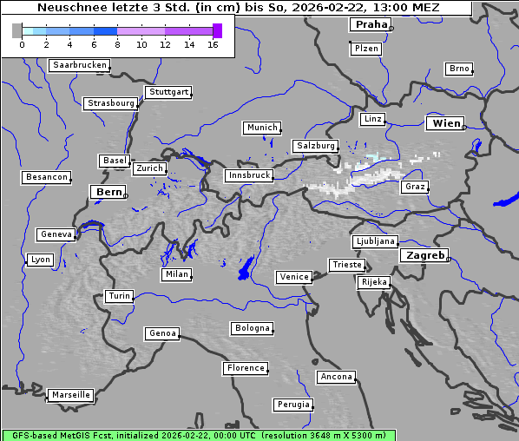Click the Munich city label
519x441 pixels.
point(262,128)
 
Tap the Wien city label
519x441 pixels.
point(447,123)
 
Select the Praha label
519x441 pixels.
point(369,24)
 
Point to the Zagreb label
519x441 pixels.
point(424,255)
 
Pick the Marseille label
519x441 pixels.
point(71,395)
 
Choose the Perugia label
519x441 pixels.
point(292,405)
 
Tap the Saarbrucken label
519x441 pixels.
point(79,65)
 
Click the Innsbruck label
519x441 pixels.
point(249,175)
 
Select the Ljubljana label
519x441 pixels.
point(375,241)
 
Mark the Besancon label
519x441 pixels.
point(47,177)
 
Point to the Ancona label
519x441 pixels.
point(336,377)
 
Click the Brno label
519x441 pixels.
point(458,69)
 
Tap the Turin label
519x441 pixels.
point(119,296)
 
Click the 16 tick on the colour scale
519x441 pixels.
point(213,44)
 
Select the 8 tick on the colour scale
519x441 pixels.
point(117,44)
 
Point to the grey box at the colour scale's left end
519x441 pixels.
point(16,30)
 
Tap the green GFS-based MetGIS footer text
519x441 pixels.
point(198,435)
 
